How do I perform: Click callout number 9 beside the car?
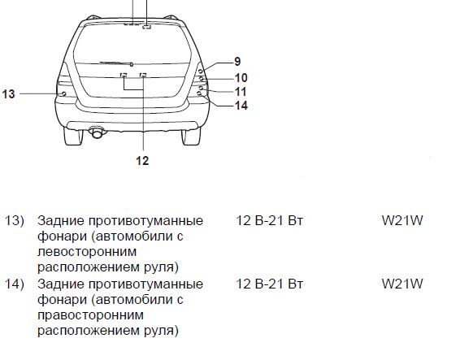pyautogui.click(x=237, y=62)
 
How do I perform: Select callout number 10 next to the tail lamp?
pyautogui.click(x=241, y=78)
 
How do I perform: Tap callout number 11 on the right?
pyautogui.click(x=241, y=92)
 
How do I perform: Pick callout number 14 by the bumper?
pyautogui.click(x=241, y=106)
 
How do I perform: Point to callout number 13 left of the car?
pyautogui.click(x=8, y=94)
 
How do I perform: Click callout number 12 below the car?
pyautogui.click(x=142, y=161)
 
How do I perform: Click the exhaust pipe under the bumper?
pyautogui.click(x=97, y=132)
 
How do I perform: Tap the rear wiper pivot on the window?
pyautogui.click(x=132, y=64)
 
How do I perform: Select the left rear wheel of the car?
pyautogui.click(x=73, y=136)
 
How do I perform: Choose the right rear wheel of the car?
pyautogui.click(x=191, y=136)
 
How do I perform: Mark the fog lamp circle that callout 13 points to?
pyautogui.click(x=63, y=94)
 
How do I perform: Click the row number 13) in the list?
pyautogui.click(x=14, y=221)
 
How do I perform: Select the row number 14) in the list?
pyautogui.click(x=14, y=284)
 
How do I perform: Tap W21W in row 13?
pyautogui.click(x=402, y=221)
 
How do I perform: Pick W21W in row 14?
pyautogui.click(x=402, y=284)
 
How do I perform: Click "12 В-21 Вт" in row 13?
pyautogui.click(x=269, y=221)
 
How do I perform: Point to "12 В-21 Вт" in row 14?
pyautogui.click(x=269, y=284)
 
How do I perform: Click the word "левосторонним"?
pyautogui.click(x=87, y=252)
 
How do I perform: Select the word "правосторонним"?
pyautogui.click(x=91, y=316)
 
